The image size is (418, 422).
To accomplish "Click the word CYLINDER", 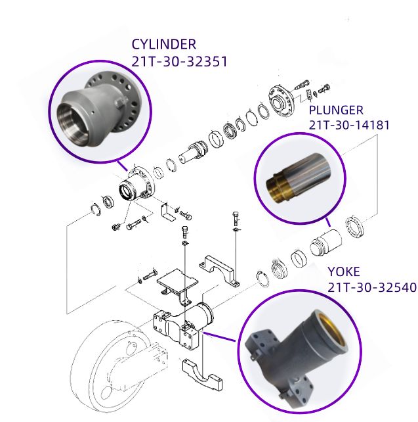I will (x=163, y=45).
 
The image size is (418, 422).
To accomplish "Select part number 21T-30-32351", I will (x=179, y=62).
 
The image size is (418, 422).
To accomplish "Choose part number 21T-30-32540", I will (x=372, y=286).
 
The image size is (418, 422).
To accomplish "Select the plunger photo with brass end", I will (x=299, y=176).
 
